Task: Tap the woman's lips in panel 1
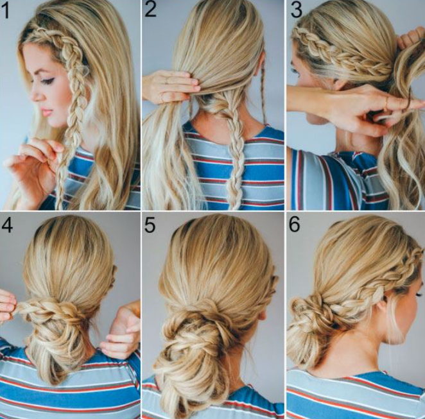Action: [x=46, y=112]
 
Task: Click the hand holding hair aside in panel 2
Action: [x=170, y=86]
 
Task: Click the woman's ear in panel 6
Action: [x=381, y=309]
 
